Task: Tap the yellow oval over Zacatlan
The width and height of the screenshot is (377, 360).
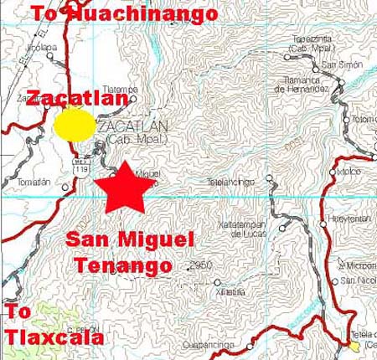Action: click(75, 125)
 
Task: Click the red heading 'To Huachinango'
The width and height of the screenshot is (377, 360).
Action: click(124, 13)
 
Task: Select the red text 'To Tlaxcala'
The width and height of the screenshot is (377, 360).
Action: click(54, 326)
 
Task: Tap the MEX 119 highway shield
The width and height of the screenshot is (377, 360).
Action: click(81, 165)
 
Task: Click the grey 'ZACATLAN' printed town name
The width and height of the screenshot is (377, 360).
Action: click(133, 126)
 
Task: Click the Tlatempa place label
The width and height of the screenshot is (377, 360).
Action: click(120, 90)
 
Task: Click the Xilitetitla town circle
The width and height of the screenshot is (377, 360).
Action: click(217, 283)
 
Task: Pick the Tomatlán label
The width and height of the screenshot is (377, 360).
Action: click(34, 182)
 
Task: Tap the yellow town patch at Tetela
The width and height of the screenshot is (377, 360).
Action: click(354, 345)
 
